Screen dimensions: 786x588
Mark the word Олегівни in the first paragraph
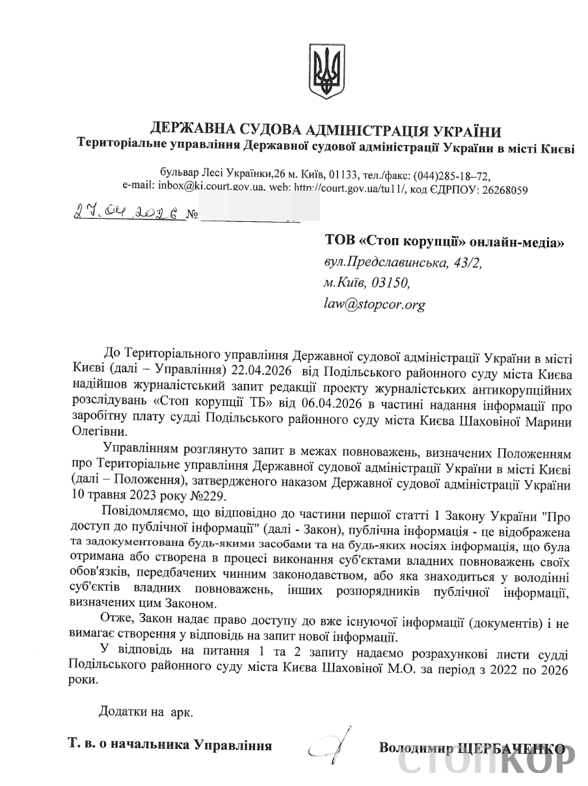click(92, 431)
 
